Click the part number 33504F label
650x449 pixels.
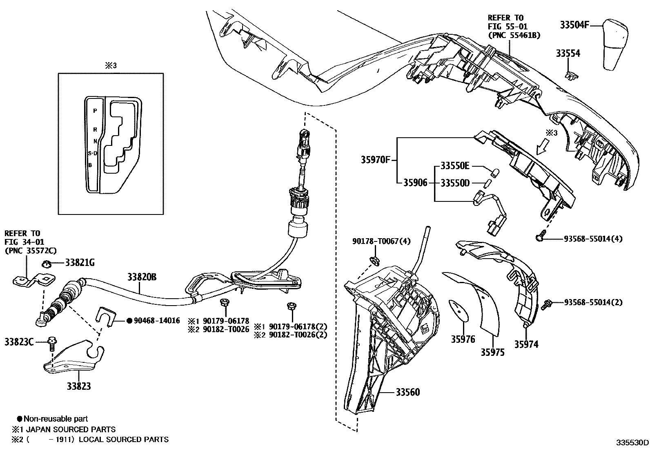click(x=574, y=25)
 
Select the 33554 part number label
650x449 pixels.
click(x=568, y=54)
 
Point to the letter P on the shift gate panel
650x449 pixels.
click(x=95, y=111)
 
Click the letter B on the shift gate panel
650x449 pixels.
click(x=90, y=165)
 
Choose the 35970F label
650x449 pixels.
click(x=375, y=160)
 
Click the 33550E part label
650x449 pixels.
click(x=455, y=166)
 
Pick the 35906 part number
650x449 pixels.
click(x=415, y=183)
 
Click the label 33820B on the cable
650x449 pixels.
click(x=142, y=277)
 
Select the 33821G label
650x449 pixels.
click(x=80, y=263)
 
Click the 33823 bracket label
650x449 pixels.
click(x=79, y=386)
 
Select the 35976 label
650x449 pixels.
click(x=463, y=339)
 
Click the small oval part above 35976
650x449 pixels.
click(x=457, y=310)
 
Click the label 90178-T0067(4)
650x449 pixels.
click(x=381, y=242)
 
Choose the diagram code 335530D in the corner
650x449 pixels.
click(x=632, y=443)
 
